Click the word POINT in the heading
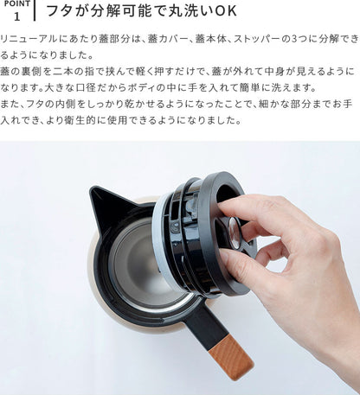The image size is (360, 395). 17,3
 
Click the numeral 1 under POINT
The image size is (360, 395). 17,16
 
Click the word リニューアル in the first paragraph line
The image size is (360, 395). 29,39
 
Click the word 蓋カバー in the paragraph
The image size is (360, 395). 168,39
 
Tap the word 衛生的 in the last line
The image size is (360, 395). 81,120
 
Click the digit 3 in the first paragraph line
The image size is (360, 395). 294,39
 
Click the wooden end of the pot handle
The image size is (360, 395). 231,356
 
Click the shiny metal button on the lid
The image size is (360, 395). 235,233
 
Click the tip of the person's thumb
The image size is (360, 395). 222,257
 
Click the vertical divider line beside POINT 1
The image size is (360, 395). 35,10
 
